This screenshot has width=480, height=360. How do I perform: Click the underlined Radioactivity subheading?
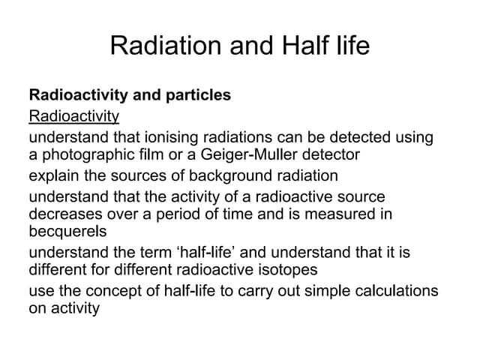(x=73, y=115)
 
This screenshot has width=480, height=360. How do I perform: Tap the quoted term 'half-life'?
(x=253, y=252)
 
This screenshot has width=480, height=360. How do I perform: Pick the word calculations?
(x=395, y=290)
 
